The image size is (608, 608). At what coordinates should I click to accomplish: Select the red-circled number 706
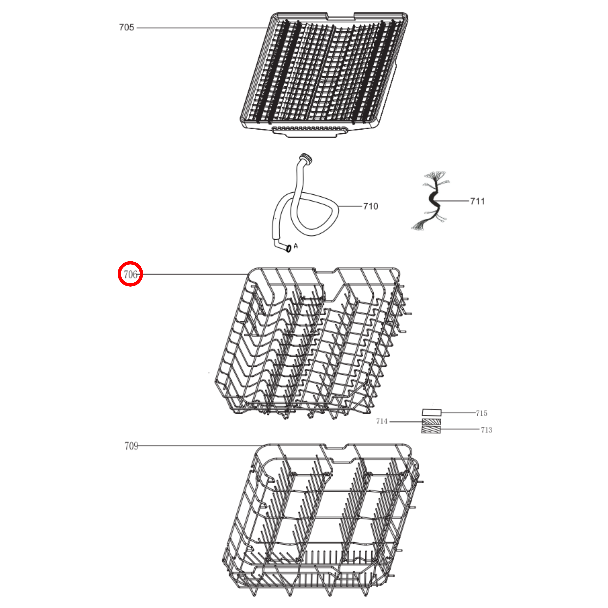(x=130, y=274)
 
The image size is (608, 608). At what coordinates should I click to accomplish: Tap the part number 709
(x=131, y=446)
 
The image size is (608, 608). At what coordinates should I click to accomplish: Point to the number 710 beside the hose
(x=370, y=207)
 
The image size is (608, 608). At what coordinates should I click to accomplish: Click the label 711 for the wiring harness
(x=477, y=201)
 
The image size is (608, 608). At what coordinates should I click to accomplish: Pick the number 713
(x=486, y=430)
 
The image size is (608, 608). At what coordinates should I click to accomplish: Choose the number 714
(x=382, y=421)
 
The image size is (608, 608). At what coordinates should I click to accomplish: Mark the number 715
(x=481, y=413)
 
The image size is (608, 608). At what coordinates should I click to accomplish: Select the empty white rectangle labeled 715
(x=432, y=412)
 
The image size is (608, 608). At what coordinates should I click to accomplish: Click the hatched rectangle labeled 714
(x=431, y=422)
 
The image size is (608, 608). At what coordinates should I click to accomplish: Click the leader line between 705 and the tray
(x=201, y=28)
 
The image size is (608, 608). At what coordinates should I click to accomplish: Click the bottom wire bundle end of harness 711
(x=420, y=225)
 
